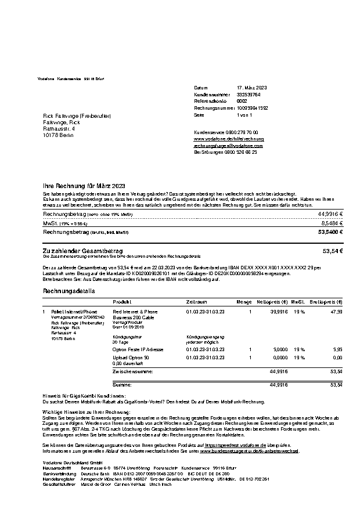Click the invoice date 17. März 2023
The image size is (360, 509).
(x=252, y=87)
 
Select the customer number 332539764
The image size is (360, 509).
(x=249, y=94)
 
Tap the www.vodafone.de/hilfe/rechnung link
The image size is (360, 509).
(x=229, y=139)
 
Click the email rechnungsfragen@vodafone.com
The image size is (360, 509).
(x=228, y=146)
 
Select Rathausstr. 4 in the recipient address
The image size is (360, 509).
(x=59, y=129)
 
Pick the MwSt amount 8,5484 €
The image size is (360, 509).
(x=332, y=222)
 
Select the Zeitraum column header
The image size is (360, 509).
(x=196, y=302)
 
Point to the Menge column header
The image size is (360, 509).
(x=244, y=302)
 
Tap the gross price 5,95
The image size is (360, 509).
(x=337, y=350)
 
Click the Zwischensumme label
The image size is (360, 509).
(x=133, y=371)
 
